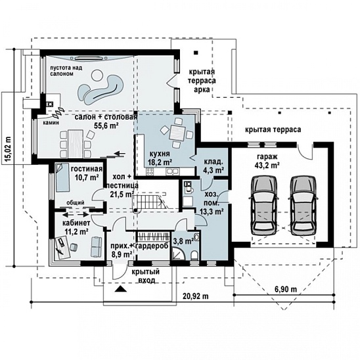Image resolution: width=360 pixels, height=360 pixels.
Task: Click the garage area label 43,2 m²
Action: (267, 165)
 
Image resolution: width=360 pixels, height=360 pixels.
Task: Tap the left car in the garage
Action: (264, 206)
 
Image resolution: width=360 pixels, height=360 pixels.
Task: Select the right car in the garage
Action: (304, 206)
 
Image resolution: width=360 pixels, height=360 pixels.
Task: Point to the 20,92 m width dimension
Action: (196, 296)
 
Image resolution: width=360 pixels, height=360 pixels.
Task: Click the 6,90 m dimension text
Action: (286, 289)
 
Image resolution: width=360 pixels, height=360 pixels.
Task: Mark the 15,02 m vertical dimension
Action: (8, 150)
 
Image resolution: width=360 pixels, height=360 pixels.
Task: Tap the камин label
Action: (51, 123)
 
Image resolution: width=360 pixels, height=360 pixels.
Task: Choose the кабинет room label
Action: (76, 223)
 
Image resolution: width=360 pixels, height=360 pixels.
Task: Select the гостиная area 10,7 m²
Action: (87, 177)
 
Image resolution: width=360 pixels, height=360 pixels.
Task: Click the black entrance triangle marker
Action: (121, 289)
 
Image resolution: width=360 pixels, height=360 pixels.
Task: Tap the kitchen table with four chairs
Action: (177, 132)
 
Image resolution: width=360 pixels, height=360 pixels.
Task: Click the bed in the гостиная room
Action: (62, 177)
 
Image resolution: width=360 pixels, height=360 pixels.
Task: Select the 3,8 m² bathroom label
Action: (183, 241)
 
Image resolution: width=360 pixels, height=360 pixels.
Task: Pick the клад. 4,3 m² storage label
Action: (214, 166)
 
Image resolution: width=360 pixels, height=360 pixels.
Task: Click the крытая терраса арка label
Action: (202, 81)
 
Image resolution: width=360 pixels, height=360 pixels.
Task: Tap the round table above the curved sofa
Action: (97, 76)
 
